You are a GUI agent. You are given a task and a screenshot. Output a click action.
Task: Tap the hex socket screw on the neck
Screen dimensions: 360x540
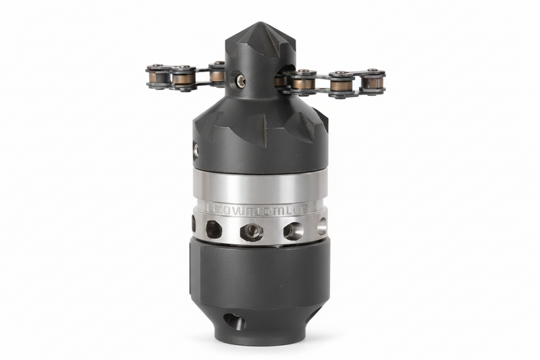[x=241, y=82]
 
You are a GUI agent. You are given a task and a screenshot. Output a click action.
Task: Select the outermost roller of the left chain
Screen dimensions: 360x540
[x=158, y=76]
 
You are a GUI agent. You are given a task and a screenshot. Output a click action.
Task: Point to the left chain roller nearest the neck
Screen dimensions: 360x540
[x=217, y=74]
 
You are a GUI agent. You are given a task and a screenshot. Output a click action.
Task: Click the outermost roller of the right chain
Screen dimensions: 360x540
[x=372, y=82]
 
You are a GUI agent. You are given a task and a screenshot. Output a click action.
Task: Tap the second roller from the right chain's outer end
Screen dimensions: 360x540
[x=341, y=84]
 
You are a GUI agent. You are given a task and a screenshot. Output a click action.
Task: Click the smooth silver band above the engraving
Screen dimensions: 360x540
[x=260, y=186]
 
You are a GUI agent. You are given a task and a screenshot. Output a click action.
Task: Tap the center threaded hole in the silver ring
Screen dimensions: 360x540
[x=252, y=231]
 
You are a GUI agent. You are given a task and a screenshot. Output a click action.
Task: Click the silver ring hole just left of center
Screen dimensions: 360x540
[x=214, y=230]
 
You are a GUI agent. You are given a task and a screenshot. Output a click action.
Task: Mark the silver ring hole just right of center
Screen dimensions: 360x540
[x=293, y=231]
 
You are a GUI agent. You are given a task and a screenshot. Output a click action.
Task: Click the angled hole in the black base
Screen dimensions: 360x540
[x=234, y=322]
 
